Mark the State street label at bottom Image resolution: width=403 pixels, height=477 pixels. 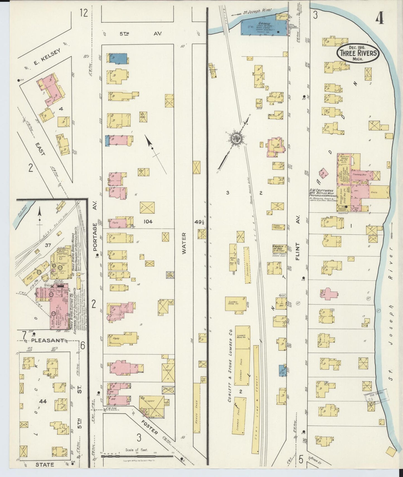pyautogui.click(x=45, y=465)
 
